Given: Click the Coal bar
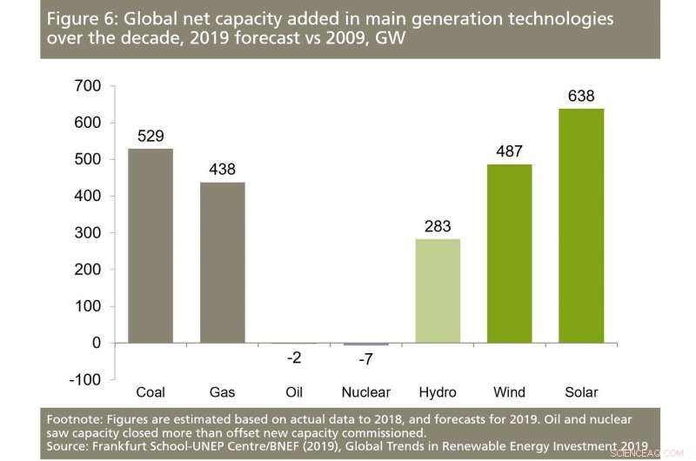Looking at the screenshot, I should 151,245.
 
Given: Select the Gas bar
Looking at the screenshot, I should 222,263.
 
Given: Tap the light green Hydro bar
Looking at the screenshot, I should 438,291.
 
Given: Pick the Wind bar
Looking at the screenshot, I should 510,253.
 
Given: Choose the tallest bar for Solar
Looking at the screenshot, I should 581,225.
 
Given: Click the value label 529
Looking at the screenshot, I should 151,136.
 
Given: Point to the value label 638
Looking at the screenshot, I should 581,96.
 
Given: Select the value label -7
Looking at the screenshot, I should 366,360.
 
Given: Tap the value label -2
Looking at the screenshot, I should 294,357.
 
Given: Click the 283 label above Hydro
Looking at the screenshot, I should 438,226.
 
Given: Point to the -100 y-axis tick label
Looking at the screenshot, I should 87,380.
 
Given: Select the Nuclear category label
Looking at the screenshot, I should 366,393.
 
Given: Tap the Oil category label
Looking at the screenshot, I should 294,393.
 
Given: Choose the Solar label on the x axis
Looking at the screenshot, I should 581,393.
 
